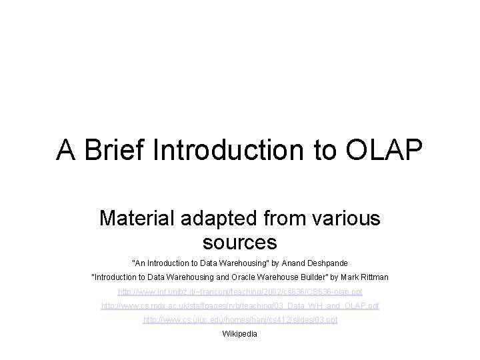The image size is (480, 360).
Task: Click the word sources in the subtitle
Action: tap(240, 239)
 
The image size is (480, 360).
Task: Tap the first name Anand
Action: tap(283, 263)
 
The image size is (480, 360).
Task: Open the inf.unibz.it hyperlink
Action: tap(240, 291)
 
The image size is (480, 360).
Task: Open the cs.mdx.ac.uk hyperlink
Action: tap(240, 305)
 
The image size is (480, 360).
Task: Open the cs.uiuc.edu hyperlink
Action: tap(240, 320)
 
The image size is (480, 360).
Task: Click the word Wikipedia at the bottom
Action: tap(239, 333)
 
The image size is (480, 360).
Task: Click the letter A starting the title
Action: tap(65, 151)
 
